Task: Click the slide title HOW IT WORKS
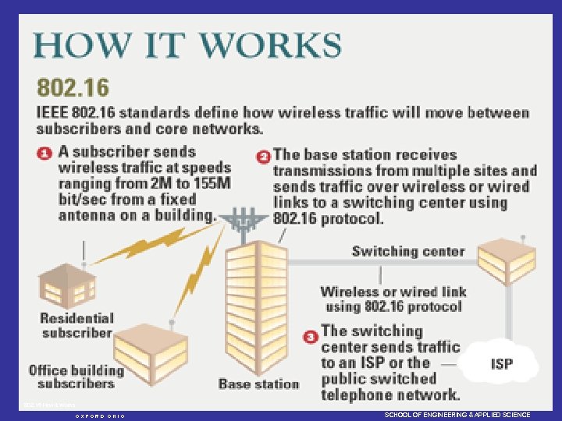coord(187,44)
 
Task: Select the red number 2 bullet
coord(264,156)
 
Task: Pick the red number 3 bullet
coord(311,335)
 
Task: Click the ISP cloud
coord(500,363)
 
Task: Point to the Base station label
coord(258,384)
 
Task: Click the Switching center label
coord(407,252)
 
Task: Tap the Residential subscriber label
coord(76,325)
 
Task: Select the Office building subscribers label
coord(76,376)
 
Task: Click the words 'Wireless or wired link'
coord(393,292)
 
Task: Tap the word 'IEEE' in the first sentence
coord(53,113)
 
